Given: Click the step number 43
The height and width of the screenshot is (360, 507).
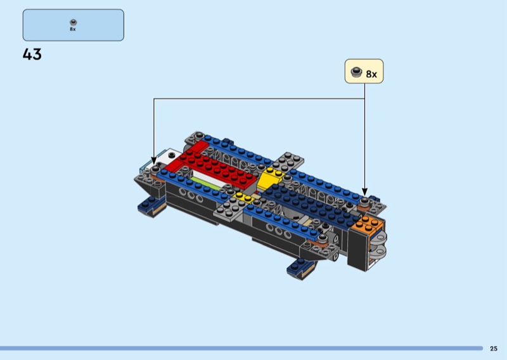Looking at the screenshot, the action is (x=32, y=54).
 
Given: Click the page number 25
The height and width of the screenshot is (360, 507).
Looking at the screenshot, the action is (x=494, y=349).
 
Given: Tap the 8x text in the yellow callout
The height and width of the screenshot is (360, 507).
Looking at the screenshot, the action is (x=371, y=74).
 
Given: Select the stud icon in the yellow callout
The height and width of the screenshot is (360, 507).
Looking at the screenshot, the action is (x=356, y=72).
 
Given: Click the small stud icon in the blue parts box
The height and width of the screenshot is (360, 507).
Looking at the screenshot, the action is (x=73, y=22).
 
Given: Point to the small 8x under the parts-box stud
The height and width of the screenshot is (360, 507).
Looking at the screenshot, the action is (x=73, y=29).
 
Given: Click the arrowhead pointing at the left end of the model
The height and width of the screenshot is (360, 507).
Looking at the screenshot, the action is (x=154, y=161).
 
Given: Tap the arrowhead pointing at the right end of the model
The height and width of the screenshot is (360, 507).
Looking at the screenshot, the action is (x=365, y=192).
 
